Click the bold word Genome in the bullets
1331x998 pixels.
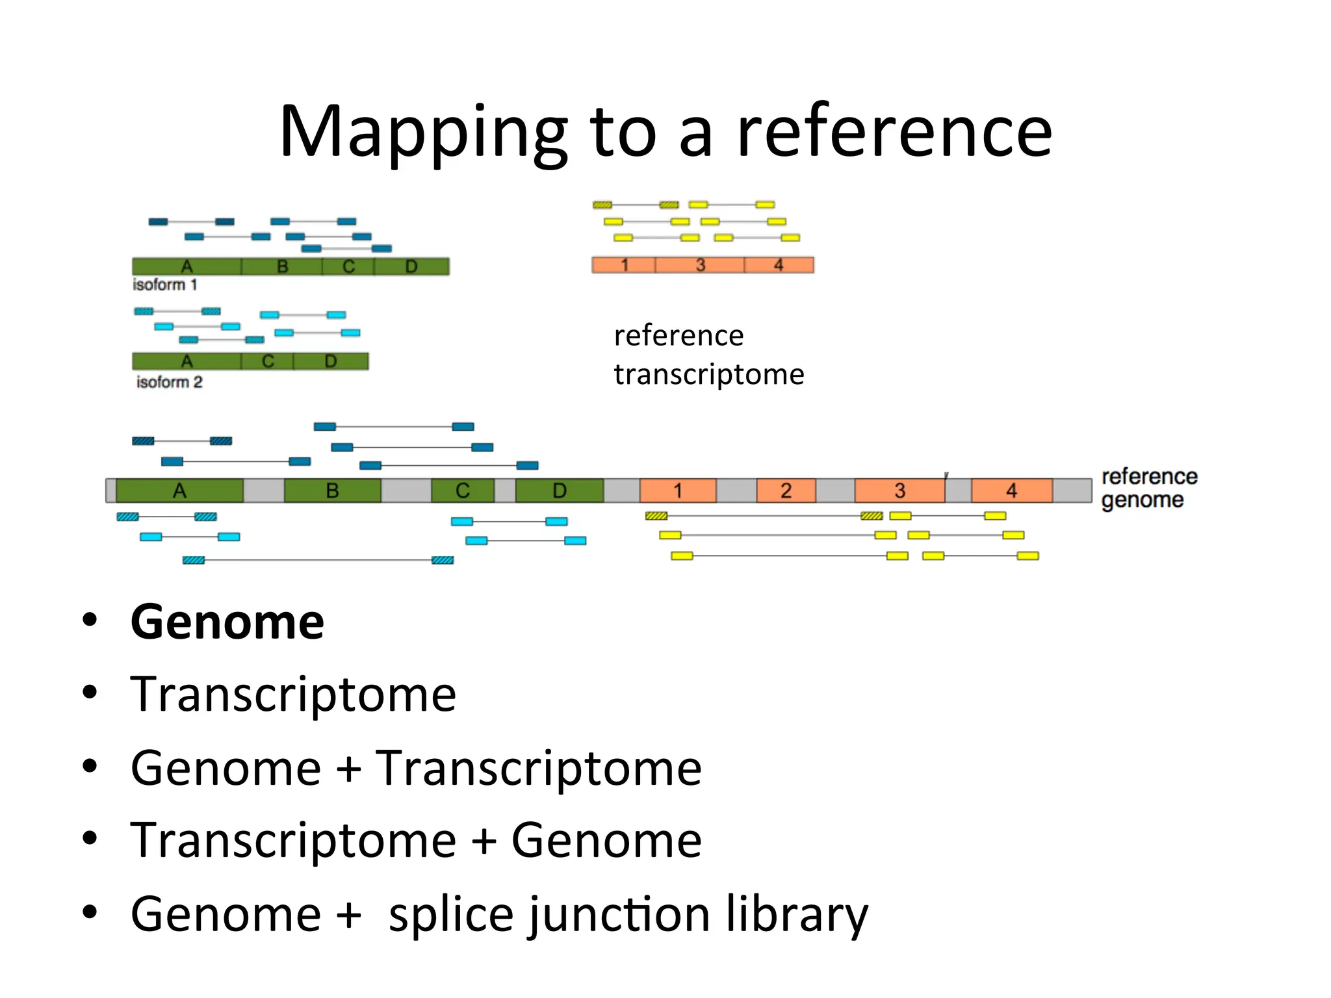(227, 622)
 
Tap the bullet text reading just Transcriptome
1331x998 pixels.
(293, 695)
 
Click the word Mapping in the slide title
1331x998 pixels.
(423, 132)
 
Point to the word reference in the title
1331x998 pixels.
(894, 132)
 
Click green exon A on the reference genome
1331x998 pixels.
(179, 491)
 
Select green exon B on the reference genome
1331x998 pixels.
(332, 491)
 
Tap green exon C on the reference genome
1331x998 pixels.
(462, 491)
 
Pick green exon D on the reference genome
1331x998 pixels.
(559, 491)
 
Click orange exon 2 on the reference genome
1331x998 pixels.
(786, 491)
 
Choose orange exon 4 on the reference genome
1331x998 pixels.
(1011, 491)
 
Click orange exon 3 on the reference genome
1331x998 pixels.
(899, 491)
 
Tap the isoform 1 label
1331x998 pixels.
(164, 285)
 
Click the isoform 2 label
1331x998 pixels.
(169, 382)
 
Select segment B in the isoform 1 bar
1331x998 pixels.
(282, 266)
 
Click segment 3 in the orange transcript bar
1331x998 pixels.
(700, 265)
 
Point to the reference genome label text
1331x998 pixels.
(1148, 488)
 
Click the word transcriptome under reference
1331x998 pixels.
(709, 374)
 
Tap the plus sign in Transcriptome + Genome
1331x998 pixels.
(484, 841)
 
